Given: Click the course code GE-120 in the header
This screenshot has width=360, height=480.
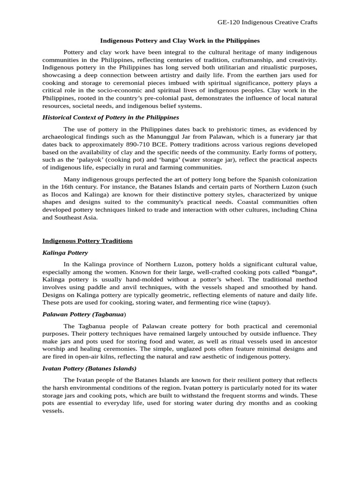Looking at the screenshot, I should [x=229, y=22].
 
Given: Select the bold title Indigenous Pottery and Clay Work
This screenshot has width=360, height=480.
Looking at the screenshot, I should [x=180, y=41].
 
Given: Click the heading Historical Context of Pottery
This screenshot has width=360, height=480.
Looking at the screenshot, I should [x=111, y=117].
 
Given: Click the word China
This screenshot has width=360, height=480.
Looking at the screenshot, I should [x=307, y=210].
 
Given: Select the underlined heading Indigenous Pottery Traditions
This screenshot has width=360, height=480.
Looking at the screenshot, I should [x=88, y=241].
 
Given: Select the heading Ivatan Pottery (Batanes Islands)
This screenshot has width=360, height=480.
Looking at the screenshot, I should [x=90, y=368].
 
